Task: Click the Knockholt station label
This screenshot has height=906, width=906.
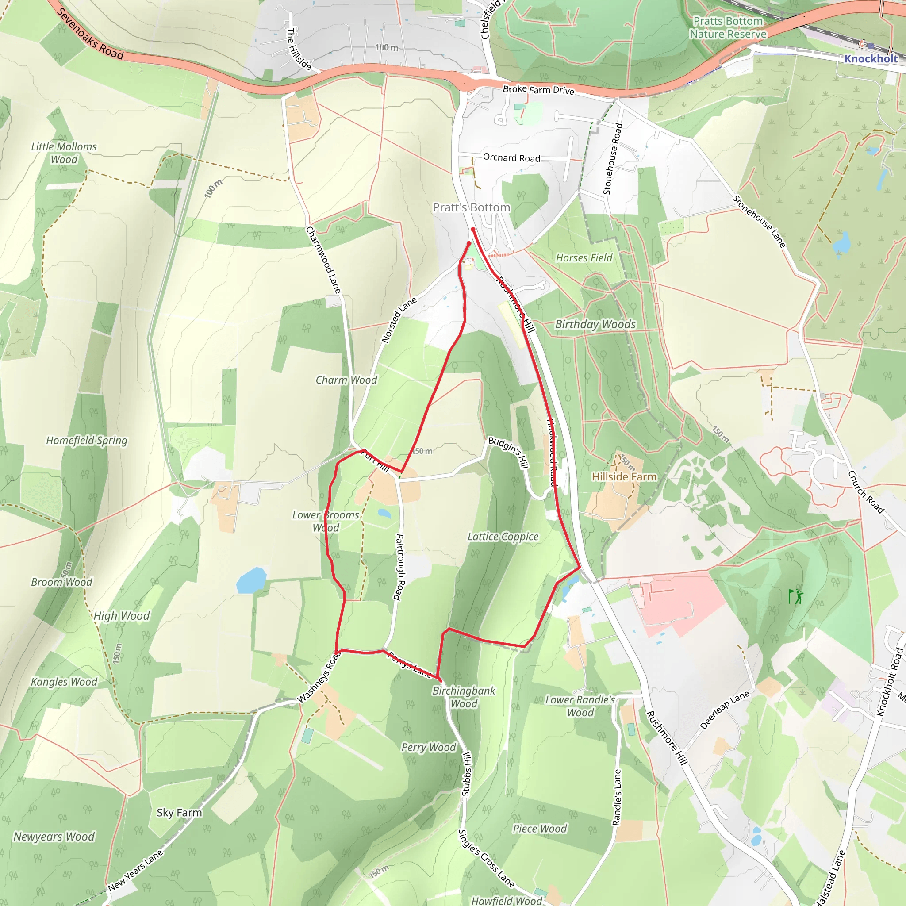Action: tap(871, 59)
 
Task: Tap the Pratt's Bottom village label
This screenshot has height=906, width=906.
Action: tap(471, 207)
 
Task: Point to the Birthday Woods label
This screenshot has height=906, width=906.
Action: tap(595, 324)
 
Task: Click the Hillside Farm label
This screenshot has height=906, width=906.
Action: tap(624, 476)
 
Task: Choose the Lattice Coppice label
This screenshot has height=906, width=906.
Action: tap(503, 537)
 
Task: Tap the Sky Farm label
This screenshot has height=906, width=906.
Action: tap(179, 813)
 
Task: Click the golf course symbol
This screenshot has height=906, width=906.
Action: tap(796, 596)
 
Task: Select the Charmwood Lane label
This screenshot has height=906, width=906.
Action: tap(323, 260)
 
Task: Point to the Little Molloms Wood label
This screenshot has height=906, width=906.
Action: tap(64, 153)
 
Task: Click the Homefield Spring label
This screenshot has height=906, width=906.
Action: tap(87, 440)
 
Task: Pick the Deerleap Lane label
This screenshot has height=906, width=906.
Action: tap(725, 710)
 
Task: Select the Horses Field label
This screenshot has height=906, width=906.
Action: tap(584, 257)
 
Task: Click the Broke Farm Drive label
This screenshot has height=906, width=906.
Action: tap(538, 89)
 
